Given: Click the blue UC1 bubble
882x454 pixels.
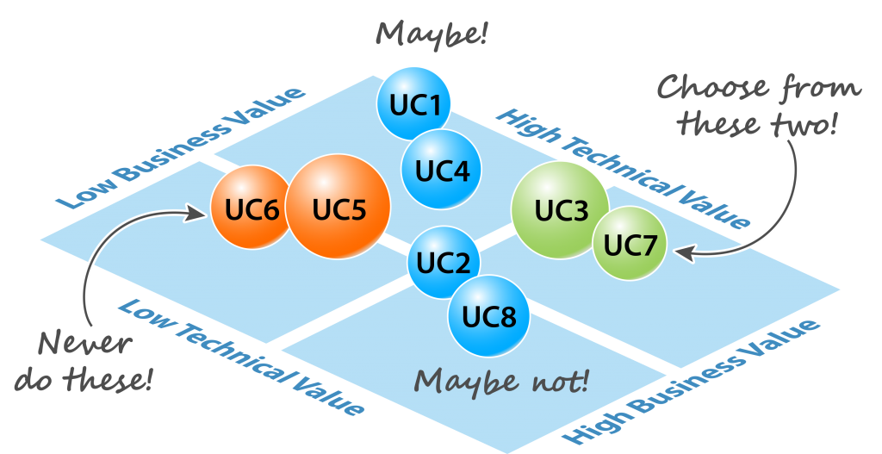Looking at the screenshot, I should tap(415, 104).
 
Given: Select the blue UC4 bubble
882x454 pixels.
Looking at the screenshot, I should tap(441, 170).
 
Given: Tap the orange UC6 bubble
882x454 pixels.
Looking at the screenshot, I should tap(251, 209).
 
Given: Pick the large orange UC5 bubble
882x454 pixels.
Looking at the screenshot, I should tap(339, 208).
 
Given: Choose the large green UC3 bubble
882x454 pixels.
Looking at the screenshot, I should tap(561, 210).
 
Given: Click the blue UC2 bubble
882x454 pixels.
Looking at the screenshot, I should tap(443, 262).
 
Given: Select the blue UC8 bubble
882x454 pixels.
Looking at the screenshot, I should tap(488, 316).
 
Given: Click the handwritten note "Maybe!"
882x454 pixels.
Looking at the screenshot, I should tap(432, 34).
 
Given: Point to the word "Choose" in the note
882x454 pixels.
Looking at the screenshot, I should tap(706, 88).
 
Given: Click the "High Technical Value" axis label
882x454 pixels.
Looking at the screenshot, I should tap(624, 169).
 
